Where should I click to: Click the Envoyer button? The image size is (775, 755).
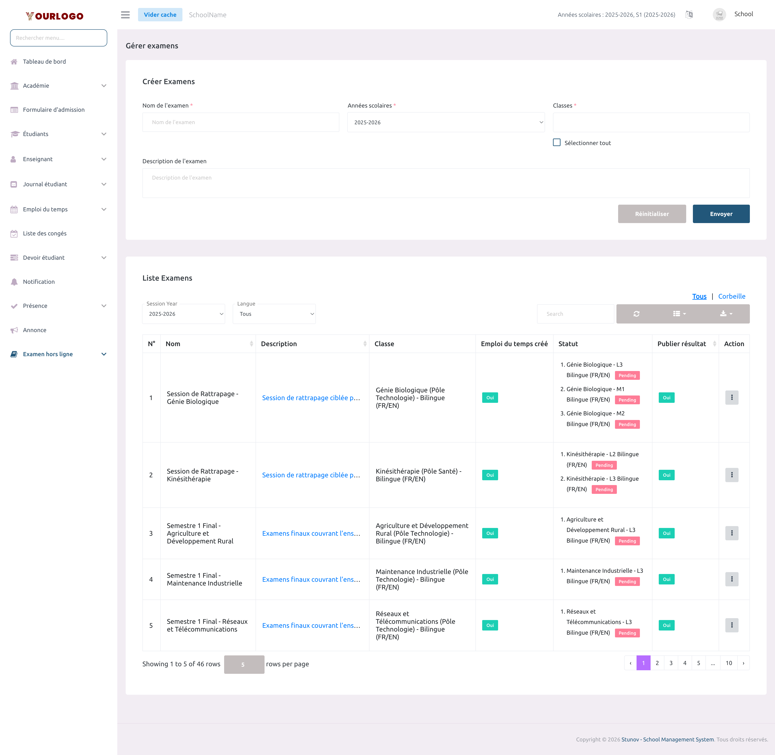[721, 214]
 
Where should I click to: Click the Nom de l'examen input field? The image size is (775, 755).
[240, 122]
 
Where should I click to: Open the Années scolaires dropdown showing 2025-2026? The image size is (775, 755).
[446, 122]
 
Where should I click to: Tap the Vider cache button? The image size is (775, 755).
[160, 15]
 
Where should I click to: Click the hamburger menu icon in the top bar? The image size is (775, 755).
[125, 15]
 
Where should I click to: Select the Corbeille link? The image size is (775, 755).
[731, 296]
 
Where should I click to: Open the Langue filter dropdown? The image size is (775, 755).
[274, 314]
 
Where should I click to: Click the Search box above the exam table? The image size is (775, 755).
[575, 314]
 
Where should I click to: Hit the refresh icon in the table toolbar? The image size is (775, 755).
[636, 314]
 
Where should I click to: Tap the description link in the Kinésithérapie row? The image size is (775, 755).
[311, 475]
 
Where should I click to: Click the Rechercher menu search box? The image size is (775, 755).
[58, 38]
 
